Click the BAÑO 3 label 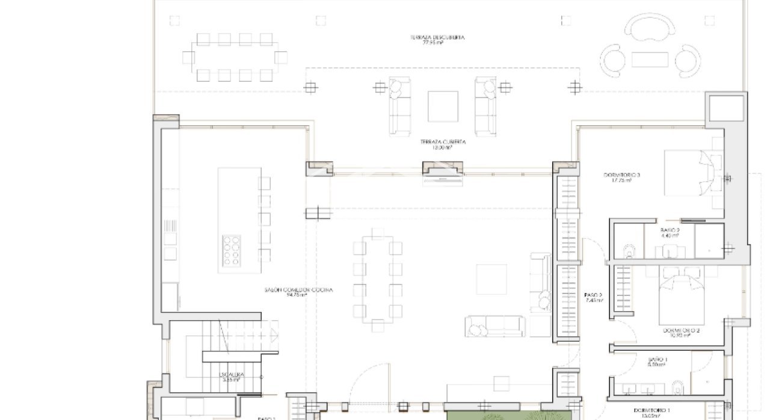point(670,233)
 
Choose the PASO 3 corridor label point(593,297)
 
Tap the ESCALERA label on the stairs point(230,377)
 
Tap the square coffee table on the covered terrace point(443,107)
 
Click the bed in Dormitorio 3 point(688,172)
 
